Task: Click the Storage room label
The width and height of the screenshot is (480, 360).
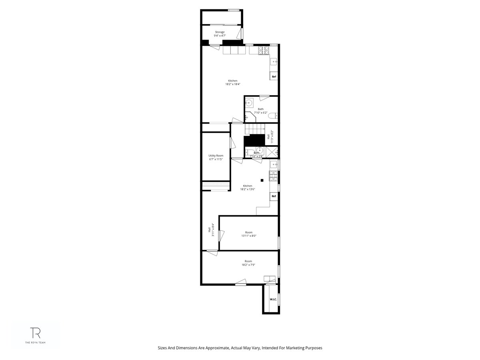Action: [x=219, y=32]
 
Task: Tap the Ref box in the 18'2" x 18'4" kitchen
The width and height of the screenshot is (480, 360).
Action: [x=274, y=76]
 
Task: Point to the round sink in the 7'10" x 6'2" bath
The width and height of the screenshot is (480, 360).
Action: [x=249, y=102]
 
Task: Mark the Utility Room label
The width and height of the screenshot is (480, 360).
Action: [x=216, y=156]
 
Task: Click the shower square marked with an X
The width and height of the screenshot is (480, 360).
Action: [x=272, y=152]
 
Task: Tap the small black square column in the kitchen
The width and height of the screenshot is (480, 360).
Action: [x=262, y=180]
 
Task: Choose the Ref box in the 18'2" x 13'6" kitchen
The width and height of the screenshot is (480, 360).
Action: [x=274, y=196]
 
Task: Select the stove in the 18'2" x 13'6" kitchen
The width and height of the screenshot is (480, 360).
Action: [x=274, y=176]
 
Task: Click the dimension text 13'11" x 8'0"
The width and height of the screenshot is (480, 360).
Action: [x=249, y=236]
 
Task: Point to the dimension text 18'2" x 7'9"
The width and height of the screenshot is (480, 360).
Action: [x=248, y=265]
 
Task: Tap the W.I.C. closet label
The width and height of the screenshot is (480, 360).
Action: [x=273, y=299]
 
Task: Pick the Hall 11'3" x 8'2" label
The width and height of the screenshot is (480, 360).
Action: [x=272, y=136]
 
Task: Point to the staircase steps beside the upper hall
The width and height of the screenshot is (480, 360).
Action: [x=255, y=129]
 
